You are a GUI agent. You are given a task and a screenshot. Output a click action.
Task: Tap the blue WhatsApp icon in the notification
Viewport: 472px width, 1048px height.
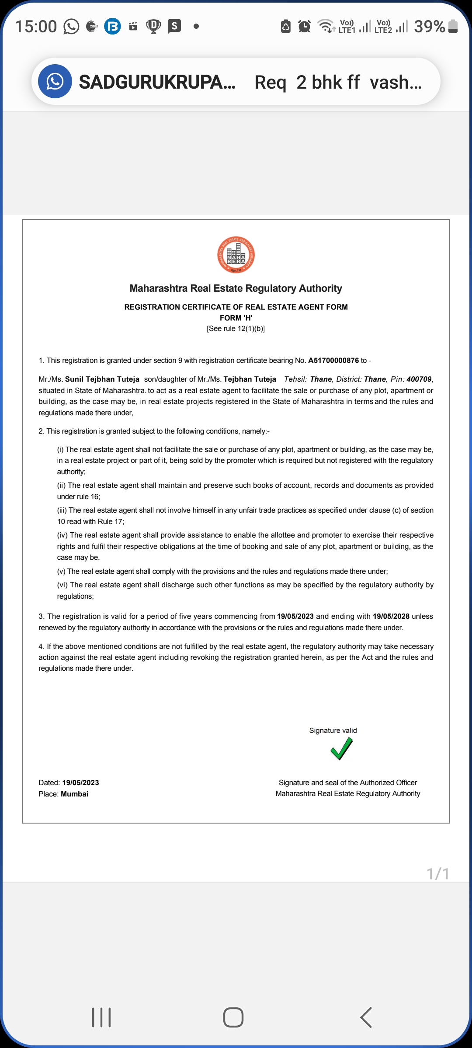55,81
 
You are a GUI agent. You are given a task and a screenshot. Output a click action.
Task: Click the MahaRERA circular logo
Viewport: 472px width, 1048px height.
236,255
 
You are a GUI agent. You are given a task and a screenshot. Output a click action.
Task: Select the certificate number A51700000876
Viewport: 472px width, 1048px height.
333,361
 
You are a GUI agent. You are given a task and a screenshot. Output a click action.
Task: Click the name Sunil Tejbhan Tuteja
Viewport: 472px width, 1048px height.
102,379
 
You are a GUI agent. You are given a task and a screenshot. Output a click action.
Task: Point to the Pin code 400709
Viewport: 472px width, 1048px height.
419,379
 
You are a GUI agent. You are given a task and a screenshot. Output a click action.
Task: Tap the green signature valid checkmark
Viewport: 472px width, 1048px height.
341,748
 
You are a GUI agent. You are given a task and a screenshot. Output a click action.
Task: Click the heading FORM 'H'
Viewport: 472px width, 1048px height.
236,318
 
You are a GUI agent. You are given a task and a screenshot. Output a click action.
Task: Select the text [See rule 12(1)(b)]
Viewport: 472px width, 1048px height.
236,329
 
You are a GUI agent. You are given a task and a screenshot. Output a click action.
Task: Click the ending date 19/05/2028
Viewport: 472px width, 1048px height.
391,616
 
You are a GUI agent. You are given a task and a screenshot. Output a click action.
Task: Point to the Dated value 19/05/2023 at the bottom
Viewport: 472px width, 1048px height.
80,783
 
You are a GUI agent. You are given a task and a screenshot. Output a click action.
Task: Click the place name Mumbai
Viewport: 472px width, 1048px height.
74,794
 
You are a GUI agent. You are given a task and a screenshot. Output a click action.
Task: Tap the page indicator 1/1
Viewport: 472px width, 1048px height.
438,874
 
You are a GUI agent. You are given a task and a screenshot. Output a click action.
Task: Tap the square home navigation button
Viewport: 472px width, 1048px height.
233,1017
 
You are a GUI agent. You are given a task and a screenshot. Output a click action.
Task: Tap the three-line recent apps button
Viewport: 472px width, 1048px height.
101,1017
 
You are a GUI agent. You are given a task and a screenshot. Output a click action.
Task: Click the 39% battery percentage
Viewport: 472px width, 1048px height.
429,27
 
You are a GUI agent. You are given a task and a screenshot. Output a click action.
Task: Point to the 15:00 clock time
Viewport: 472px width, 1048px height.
36,27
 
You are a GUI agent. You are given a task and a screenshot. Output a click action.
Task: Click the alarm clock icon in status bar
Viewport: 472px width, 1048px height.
304,27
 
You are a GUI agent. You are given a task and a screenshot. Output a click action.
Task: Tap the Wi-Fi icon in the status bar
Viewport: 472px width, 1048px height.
326,26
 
